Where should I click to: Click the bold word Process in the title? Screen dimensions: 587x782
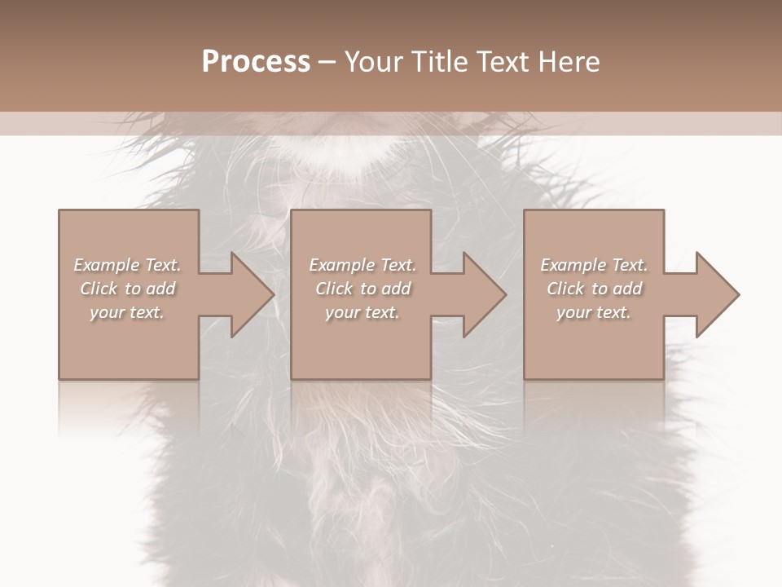(x=256, y=62)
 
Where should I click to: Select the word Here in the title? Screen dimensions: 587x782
(x=569, y=62)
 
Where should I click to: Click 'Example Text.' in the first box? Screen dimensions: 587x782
(x=127, y=265)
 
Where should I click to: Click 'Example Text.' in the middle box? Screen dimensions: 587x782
(x=362, y=265)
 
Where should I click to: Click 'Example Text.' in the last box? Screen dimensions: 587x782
(x=594, y=265)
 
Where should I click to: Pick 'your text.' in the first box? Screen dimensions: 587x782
(x=127, y=312)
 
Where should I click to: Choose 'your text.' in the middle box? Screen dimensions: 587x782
(x=362, y=312)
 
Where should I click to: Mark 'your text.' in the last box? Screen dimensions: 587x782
(x=594, y=312)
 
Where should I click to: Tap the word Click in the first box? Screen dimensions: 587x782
(x=99, y=289)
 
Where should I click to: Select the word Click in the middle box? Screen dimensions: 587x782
(x=334, y=289)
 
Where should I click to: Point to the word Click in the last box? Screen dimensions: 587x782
(x=565, y=289)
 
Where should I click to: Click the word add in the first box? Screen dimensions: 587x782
(x=161, y=289)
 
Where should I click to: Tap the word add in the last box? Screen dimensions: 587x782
(x=628, y=289)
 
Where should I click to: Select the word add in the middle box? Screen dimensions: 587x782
(x=397, y=289)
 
